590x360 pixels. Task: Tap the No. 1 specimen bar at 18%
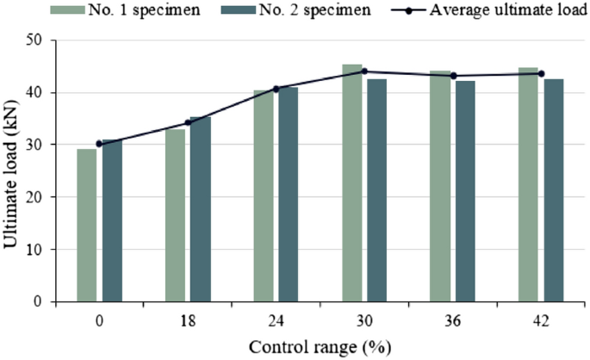175,215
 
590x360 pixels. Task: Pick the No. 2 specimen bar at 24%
289,194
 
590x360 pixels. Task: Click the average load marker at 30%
364,71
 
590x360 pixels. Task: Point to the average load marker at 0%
99,144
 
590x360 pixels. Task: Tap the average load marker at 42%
541,73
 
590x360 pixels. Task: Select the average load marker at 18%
188,122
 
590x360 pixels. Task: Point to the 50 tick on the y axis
37,40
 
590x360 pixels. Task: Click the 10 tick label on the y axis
37,250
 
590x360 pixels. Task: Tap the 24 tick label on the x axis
276,320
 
